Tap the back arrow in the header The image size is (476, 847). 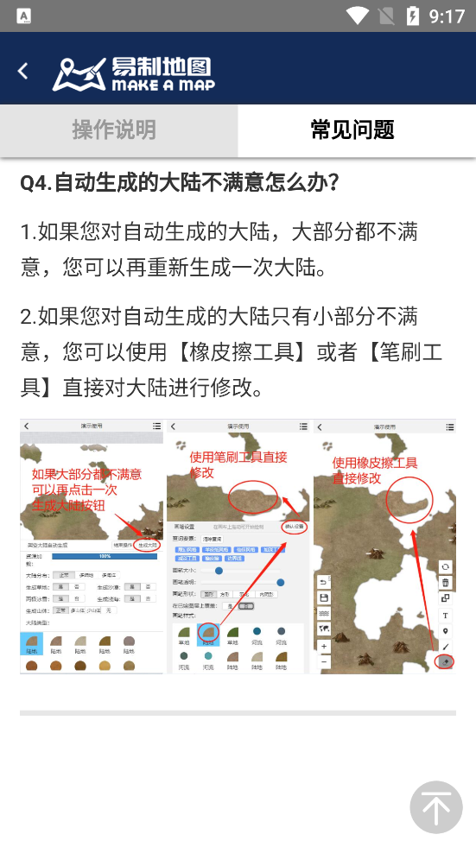pos(23,71)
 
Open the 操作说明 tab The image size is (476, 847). pos(114,130)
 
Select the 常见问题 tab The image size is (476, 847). pos(352,130)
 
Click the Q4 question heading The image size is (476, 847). pos(180,183)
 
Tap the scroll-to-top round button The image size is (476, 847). pos(435,807)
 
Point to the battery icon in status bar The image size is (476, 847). pos(413,16)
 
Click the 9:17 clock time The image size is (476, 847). pos(447,16)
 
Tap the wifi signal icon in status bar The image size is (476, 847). pos(356,16)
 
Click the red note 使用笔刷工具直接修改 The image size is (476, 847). pos(238,465)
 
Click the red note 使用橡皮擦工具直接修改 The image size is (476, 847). pos(374,470)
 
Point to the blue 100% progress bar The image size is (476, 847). pos(105,556)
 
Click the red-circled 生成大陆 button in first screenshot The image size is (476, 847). pos(148,546)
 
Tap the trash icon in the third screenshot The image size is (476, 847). pos(446,583)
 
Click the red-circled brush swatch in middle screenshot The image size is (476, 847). pos(207,634)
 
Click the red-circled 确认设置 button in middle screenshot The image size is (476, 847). pos(294,526)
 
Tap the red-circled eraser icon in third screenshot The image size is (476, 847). pos(446,661)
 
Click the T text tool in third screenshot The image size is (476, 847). pos(446,615)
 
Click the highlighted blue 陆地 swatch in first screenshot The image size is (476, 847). pos(31,643)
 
